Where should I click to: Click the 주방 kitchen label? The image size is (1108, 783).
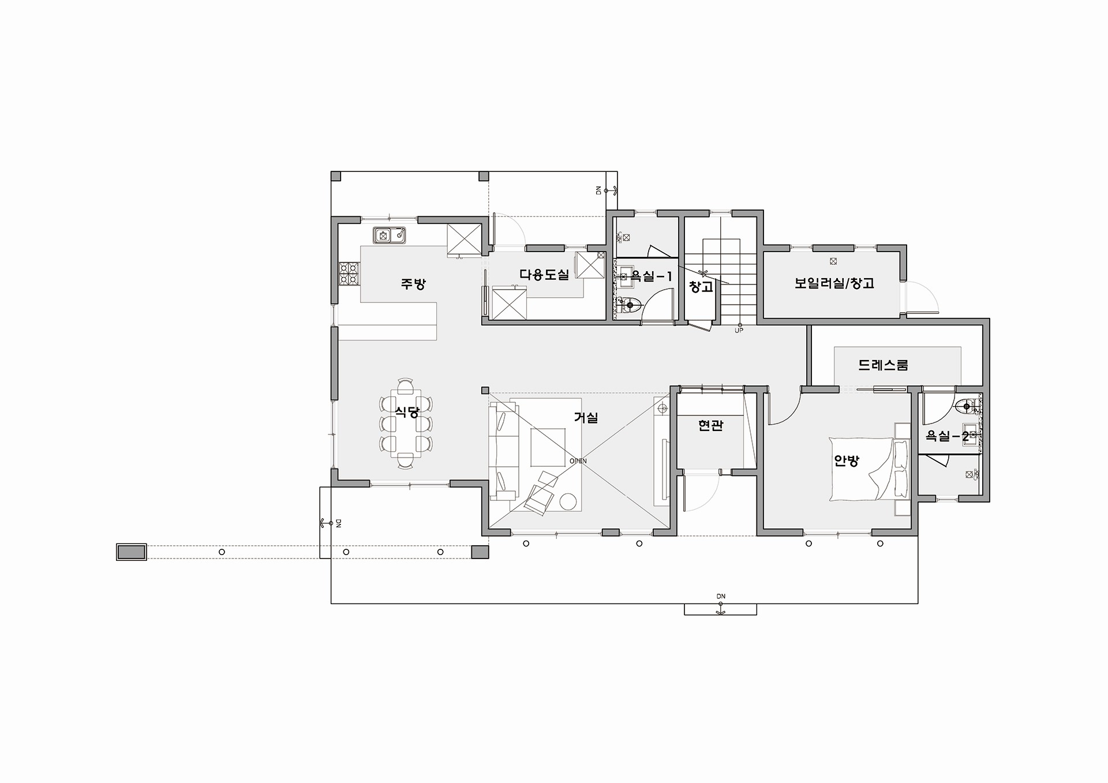(413, 284)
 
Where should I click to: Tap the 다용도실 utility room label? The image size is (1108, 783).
(544, 275)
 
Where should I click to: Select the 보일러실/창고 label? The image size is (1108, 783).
(834, 283)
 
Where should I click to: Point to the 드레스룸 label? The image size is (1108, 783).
(883, 365)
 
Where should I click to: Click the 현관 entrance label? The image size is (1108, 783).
(710, 425)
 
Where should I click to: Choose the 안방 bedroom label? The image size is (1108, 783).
(847, 460)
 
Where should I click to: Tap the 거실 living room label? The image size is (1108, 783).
(586, 418)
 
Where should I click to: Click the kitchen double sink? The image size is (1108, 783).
(390, 235)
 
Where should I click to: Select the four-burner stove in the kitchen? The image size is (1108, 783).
(349, 274)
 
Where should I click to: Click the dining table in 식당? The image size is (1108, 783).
(406, 423)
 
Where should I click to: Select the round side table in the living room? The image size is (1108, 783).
(569, 502)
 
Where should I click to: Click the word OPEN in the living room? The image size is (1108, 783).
(578, 461)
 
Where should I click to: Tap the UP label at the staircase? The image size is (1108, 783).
(739, 331)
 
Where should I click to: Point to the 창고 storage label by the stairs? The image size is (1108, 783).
(701, 286)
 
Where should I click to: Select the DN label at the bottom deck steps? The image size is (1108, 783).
(721, 596)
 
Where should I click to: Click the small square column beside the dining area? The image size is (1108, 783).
(485, 390)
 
